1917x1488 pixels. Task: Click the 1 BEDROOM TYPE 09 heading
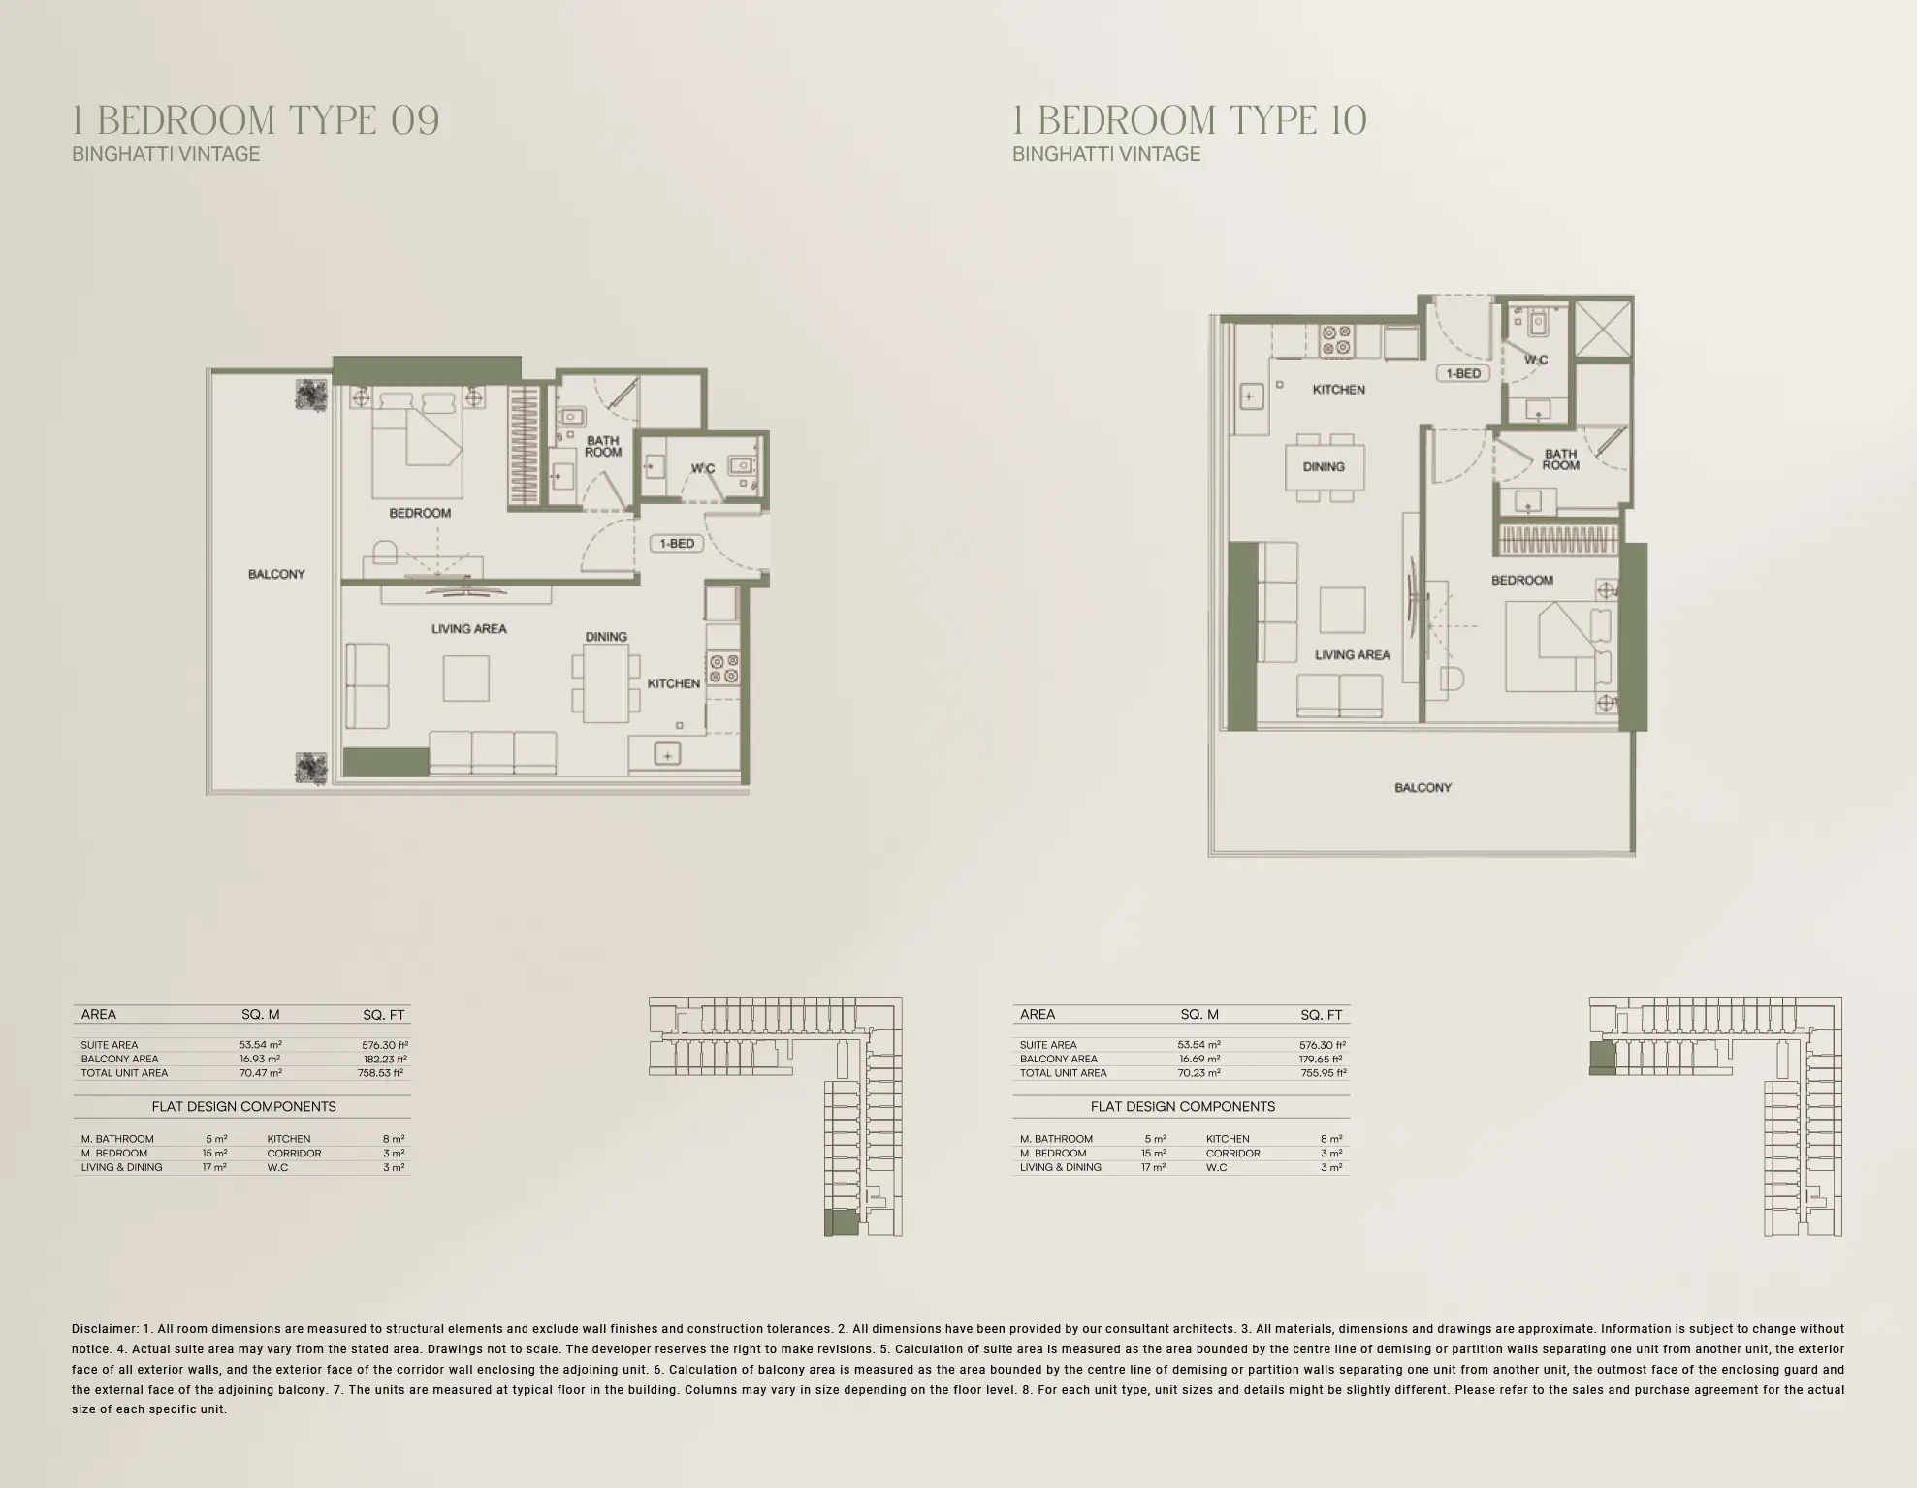pyautogui.click(x=256, y=120)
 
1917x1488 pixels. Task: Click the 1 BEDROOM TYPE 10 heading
pyautogui.click(x=1190, y=120)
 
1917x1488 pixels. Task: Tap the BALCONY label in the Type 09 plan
pyautogui.click(x=276, y=575)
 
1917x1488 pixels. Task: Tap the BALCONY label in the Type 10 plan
pyautogui.click(x=1422, y=788)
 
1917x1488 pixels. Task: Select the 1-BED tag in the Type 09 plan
pyautogui.click(x=677, y=544)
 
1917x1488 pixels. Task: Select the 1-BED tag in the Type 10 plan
pyautogui.click(x=1462, y=373)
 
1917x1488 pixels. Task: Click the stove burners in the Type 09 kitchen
pyautogui.click(x=723, y=669)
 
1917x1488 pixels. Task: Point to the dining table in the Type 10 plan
pyautogui.click(x=1324, y=467)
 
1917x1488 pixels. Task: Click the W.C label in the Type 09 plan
pyautogui.click(x=702, y=469)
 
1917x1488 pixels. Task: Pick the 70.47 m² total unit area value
pyautogui.click(x=260, y=1073)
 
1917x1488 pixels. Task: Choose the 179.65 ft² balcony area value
pyautogui.click(x=1320, y=1060)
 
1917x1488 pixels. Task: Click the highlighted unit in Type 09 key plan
pyautogui.click(x=841, y=1222)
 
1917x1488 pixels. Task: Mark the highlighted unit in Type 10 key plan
pyautogui.click(x=1602, y=1058)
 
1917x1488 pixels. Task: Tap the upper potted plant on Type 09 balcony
pyautogui.click(x=312, y=396)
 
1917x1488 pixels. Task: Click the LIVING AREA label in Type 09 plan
pyautogui.click(x=469, y=629)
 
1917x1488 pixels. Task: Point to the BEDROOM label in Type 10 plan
pyautogui.click(x=1521, y=581)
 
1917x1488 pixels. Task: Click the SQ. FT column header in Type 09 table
pyautogui.click(x=383, y=1015)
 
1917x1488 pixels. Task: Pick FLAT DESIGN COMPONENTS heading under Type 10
pyautogui.click(x=1182, y=1107)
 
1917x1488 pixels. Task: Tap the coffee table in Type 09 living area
pyautogui.click(x=466, y=678)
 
